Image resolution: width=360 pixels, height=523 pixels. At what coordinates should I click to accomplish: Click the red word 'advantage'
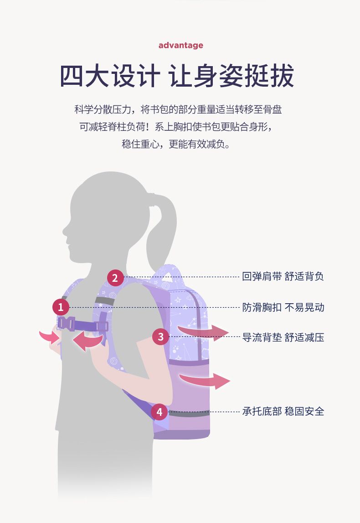(x=180, y=45)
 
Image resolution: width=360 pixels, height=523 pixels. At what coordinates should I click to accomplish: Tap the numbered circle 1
(x=61, y=307)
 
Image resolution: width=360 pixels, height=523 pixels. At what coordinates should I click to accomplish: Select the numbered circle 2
(x=115, y=278)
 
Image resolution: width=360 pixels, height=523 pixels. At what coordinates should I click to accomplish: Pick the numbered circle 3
(x=161, y=337)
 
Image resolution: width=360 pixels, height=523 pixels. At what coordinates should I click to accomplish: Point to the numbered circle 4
(x=159, y=412)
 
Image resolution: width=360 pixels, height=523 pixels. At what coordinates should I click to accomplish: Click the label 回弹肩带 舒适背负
(x=283, y=276)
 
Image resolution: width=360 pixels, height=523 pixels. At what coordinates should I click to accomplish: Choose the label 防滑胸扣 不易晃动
(x=283, y=307)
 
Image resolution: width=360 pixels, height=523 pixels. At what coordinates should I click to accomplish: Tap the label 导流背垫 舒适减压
(x=283, y=337)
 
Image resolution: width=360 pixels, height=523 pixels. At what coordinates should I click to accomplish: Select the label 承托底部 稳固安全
(x=283, y=411)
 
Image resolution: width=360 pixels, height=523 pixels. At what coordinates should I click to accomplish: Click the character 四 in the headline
(x=72, y=76)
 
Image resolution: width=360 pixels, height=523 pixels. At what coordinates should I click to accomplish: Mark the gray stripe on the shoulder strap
(x=104, y=300)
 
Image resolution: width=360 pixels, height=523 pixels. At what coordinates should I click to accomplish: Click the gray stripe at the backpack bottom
(x=189, y=413)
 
